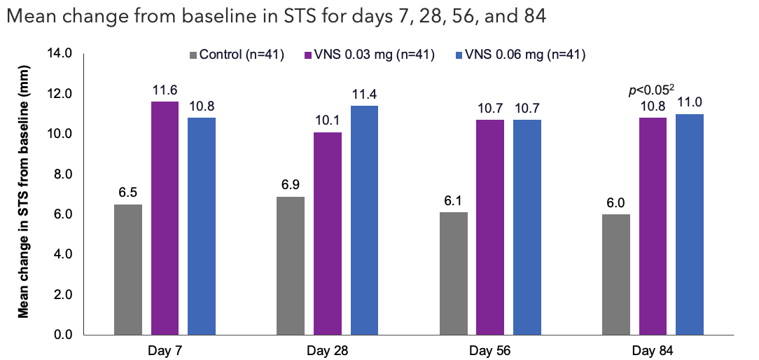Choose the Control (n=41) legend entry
pos(236,55)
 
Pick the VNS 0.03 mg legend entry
pos(369,55)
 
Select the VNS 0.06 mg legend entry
pos(520,55)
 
